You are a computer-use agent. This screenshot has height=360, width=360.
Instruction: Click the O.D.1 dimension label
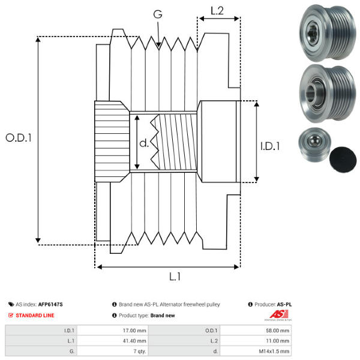[19, 137]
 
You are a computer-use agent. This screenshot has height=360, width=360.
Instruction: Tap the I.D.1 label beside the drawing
[269, 145]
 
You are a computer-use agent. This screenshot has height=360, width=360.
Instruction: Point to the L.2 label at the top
[218, 10]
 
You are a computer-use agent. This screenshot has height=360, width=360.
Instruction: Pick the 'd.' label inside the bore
[143, 144]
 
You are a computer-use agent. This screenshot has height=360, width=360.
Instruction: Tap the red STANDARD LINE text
[35, 315]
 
